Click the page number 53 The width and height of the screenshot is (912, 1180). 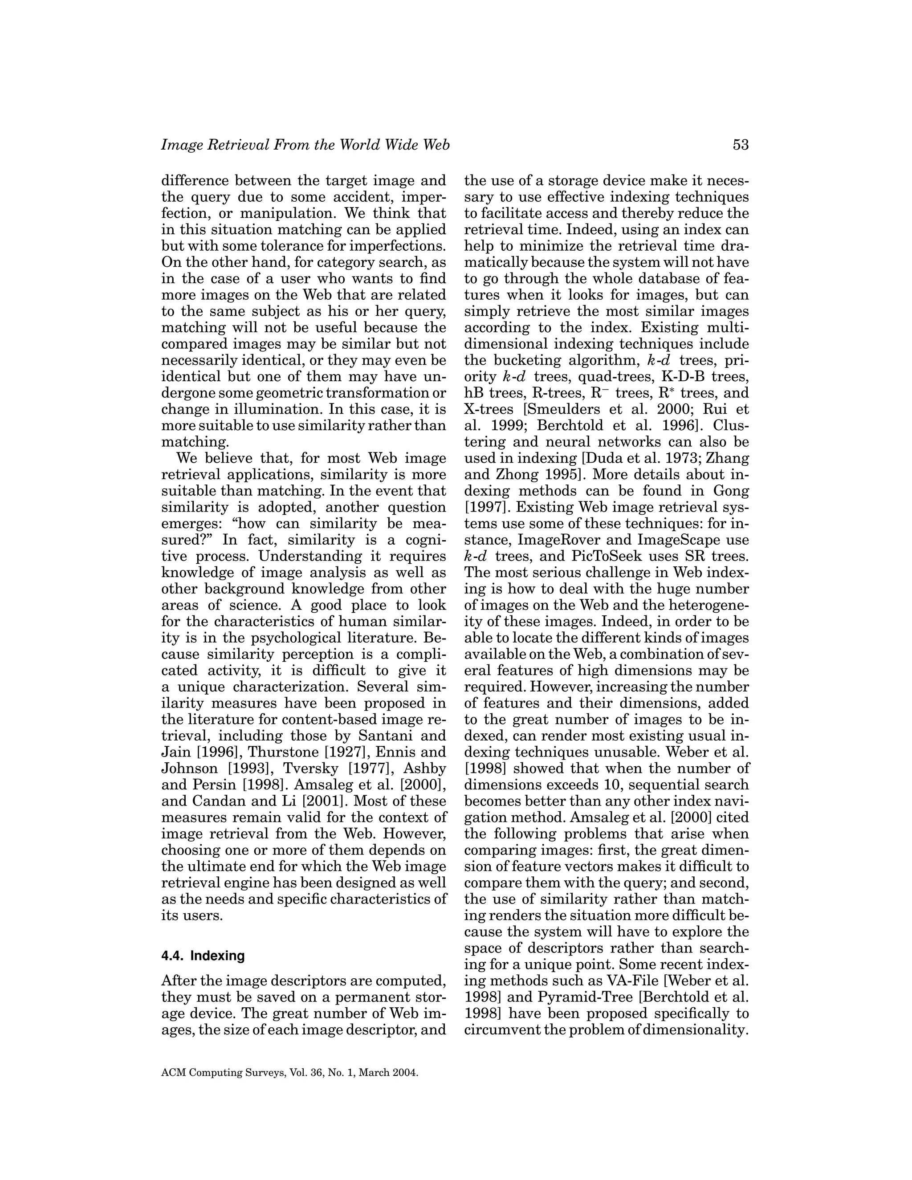(740, 145)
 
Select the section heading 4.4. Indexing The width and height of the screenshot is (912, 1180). (203, 956)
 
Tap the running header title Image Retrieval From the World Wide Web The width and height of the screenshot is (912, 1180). (305, 145)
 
